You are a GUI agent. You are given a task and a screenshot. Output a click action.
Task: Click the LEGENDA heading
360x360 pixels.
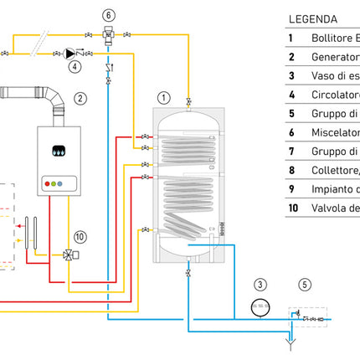[x=313, y=18]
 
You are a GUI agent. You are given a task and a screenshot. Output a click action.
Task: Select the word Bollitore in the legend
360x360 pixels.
[x=331, y=38]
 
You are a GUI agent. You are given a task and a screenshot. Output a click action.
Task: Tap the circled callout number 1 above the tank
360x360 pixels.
[x=163, y=98]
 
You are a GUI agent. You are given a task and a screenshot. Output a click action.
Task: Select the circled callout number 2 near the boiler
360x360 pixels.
[x=80, y=98]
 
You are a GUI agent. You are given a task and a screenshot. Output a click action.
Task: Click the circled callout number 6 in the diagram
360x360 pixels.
[x=109, y=14]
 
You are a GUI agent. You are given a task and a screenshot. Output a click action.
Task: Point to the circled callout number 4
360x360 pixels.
[x=75, y=64]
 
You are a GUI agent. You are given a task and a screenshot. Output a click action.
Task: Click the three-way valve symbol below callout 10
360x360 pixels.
[x=68, y=255]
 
